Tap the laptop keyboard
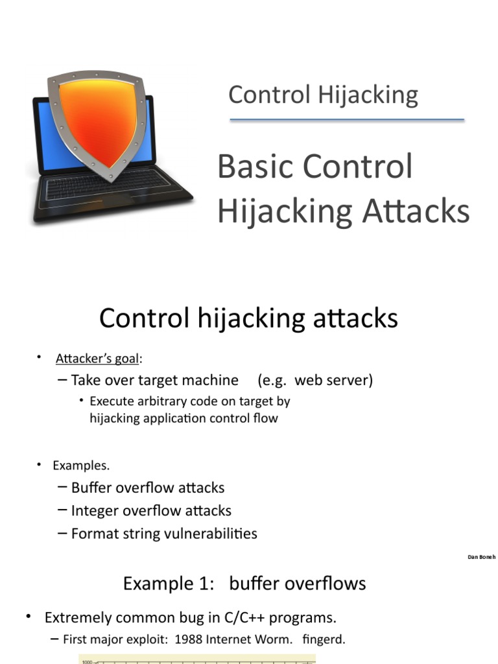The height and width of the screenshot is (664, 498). click(107, 188)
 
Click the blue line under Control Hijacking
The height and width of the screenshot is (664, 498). click(347, 120)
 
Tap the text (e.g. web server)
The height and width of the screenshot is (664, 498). click(314, 379)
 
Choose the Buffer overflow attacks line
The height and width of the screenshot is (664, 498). click(148, 487)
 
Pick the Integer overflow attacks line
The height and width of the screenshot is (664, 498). click(151, 510)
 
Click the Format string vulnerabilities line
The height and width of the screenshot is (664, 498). click(164, 534)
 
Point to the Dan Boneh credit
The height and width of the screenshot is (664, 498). click(481, 557)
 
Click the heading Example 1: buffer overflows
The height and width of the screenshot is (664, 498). click(244, 583)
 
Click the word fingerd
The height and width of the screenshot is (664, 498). click(324, 639)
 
